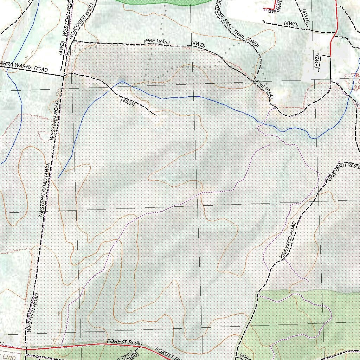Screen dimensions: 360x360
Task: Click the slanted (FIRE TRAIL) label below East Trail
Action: click(264, 89)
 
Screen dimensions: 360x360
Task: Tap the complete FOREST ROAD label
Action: click(125, 342)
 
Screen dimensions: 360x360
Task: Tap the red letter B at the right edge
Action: click(357, 76)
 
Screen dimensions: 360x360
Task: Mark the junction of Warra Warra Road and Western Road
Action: click(64, 75)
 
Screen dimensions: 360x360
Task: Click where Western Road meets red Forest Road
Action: click(26, 349)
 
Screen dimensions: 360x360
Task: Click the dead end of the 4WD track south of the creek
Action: click(156, 115)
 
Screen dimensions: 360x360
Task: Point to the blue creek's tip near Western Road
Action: click(58, 178)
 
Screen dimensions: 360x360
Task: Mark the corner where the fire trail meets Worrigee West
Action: click(73, 41)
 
